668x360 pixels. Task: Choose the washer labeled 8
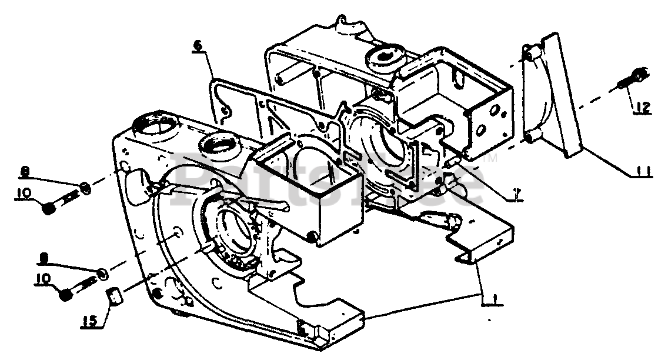point(86,188)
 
